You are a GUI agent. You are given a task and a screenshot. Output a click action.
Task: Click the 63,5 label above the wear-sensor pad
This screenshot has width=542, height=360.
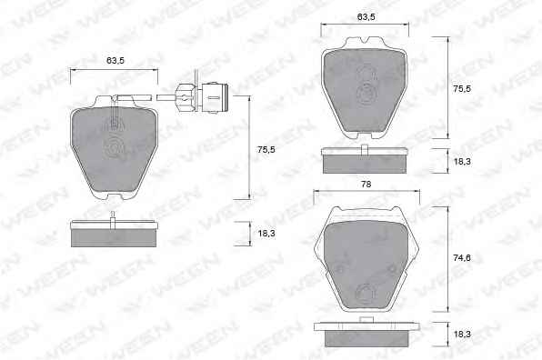coord(115,61)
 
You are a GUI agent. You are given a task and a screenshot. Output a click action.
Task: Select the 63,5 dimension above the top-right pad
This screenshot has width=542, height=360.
coord(366,16)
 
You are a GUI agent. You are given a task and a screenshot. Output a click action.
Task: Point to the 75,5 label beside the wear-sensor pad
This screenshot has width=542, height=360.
coord(266,150)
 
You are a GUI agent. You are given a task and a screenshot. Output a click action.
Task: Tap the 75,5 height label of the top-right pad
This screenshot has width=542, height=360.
coord(462,88)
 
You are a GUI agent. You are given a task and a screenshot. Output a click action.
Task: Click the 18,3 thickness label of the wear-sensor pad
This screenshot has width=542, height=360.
coord(266,234)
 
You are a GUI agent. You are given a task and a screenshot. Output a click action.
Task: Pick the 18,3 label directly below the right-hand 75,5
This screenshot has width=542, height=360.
coord(462,161)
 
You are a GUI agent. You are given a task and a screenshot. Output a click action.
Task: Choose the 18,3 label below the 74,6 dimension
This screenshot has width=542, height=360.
coord(462,335)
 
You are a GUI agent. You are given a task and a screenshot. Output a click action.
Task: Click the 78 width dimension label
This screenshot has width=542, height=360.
coord(366,185)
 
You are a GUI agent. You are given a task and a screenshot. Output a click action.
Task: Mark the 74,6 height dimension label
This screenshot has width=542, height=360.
coord(462,258)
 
